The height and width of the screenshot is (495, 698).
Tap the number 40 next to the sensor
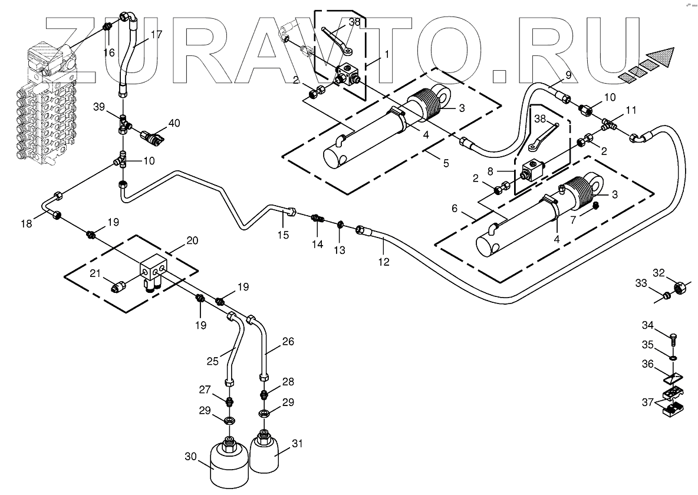(174, 123)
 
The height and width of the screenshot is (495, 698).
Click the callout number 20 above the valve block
(192, 240)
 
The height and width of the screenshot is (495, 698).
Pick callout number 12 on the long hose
(384, 262)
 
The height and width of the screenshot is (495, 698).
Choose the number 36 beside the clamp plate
(647, 365)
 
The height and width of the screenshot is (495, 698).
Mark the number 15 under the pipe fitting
(284, 235)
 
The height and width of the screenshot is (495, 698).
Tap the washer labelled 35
(673, 356)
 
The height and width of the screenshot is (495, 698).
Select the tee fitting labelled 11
(610, 124)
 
